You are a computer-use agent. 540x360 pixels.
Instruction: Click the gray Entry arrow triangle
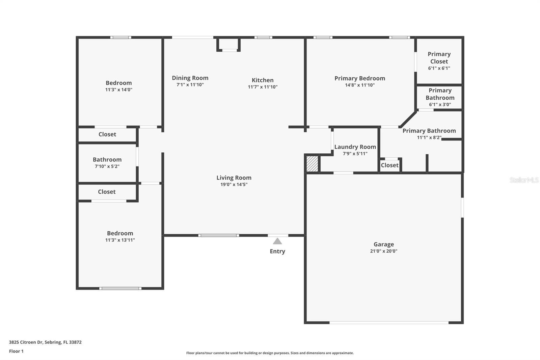[x=277, y=241]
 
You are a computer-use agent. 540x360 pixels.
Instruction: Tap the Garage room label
[x=383, y=244]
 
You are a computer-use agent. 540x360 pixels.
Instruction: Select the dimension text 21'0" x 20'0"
[x=383, y=251]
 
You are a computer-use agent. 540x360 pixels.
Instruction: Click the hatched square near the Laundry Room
[x=312, y=164]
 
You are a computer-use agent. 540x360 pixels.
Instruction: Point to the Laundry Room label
[x=355, y=147]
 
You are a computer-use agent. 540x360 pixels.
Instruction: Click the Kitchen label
[x=263, y=80]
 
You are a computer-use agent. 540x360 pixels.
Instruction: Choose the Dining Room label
[x=190, y=78]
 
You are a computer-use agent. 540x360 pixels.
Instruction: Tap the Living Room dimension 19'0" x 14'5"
[x=234, y=184]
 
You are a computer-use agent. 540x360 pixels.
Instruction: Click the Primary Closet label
[x=439, y=58]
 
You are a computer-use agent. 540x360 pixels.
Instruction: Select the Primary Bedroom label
[x=360, y=78]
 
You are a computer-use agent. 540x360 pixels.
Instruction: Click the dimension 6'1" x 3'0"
[x=440, y=104]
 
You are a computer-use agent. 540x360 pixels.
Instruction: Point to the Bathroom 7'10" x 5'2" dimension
[x=107, y=166]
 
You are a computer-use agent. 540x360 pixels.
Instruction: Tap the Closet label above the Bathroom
[x=107, y=134]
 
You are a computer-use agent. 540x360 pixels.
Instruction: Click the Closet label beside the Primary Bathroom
[x=389, y=165]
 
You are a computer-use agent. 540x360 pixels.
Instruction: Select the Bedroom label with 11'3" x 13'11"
[x=120, y=233]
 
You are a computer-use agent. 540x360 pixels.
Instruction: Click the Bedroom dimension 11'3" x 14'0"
[x=118, y=89]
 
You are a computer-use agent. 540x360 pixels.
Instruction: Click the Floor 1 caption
[x=16, y=351]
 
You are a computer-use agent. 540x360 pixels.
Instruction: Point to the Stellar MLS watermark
[x=524, y=180]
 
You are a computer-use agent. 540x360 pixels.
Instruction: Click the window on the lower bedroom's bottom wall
[x=120, y=288]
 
